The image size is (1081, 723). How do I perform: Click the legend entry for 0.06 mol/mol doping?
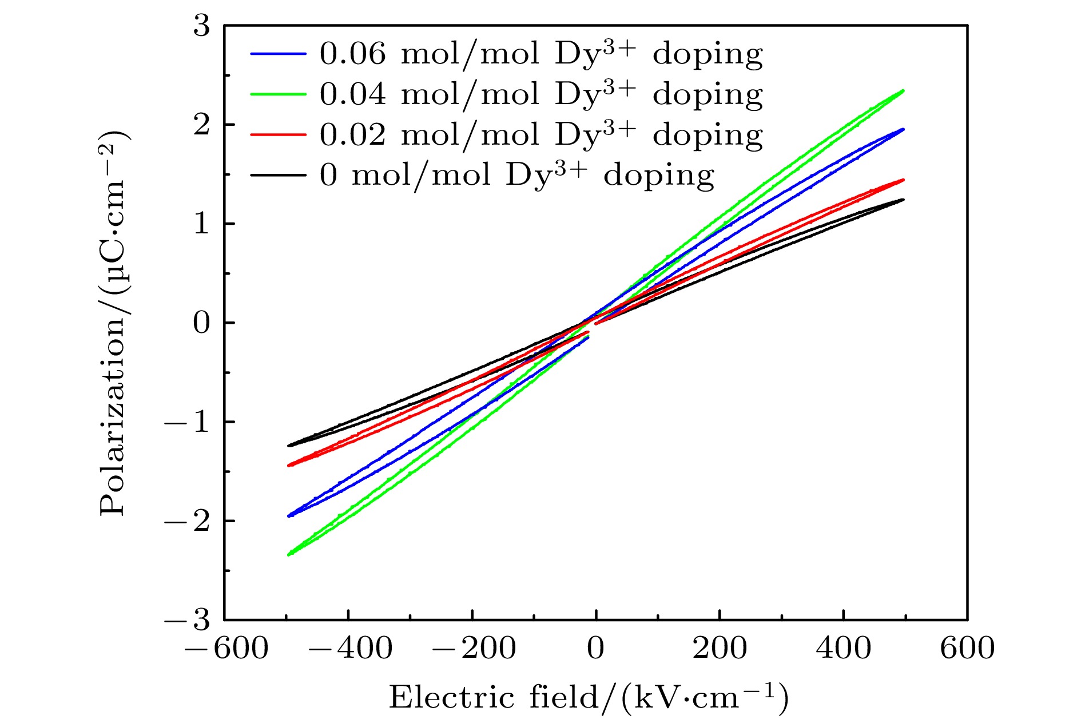point(540,54)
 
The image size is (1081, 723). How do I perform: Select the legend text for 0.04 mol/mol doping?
point(540,95)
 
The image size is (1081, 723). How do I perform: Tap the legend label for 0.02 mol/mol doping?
point(540,136)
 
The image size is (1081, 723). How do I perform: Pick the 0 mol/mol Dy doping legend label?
point(516,176)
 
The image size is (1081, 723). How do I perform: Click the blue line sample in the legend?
point(279,54)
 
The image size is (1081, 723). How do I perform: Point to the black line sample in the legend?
point(279,174)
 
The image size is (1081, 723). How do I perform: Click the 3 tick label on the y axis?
point(201,26)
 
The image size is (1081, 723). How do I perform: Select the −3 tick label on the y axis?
point(188,620)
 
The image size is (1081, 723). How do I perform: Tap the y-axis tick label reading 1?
point(201,224)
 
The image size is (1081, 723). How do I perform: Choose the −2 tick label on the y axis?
point(188,521)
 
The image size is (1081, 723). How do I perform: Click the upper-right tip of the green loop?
point(903,90)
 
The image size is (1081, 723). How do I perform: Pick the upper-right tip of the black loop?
point(903,200)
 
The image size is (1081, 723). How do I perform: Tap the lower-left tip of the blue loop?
point(289,516)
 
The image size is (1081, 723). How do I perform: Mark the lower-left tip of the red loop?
point(289,466)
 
